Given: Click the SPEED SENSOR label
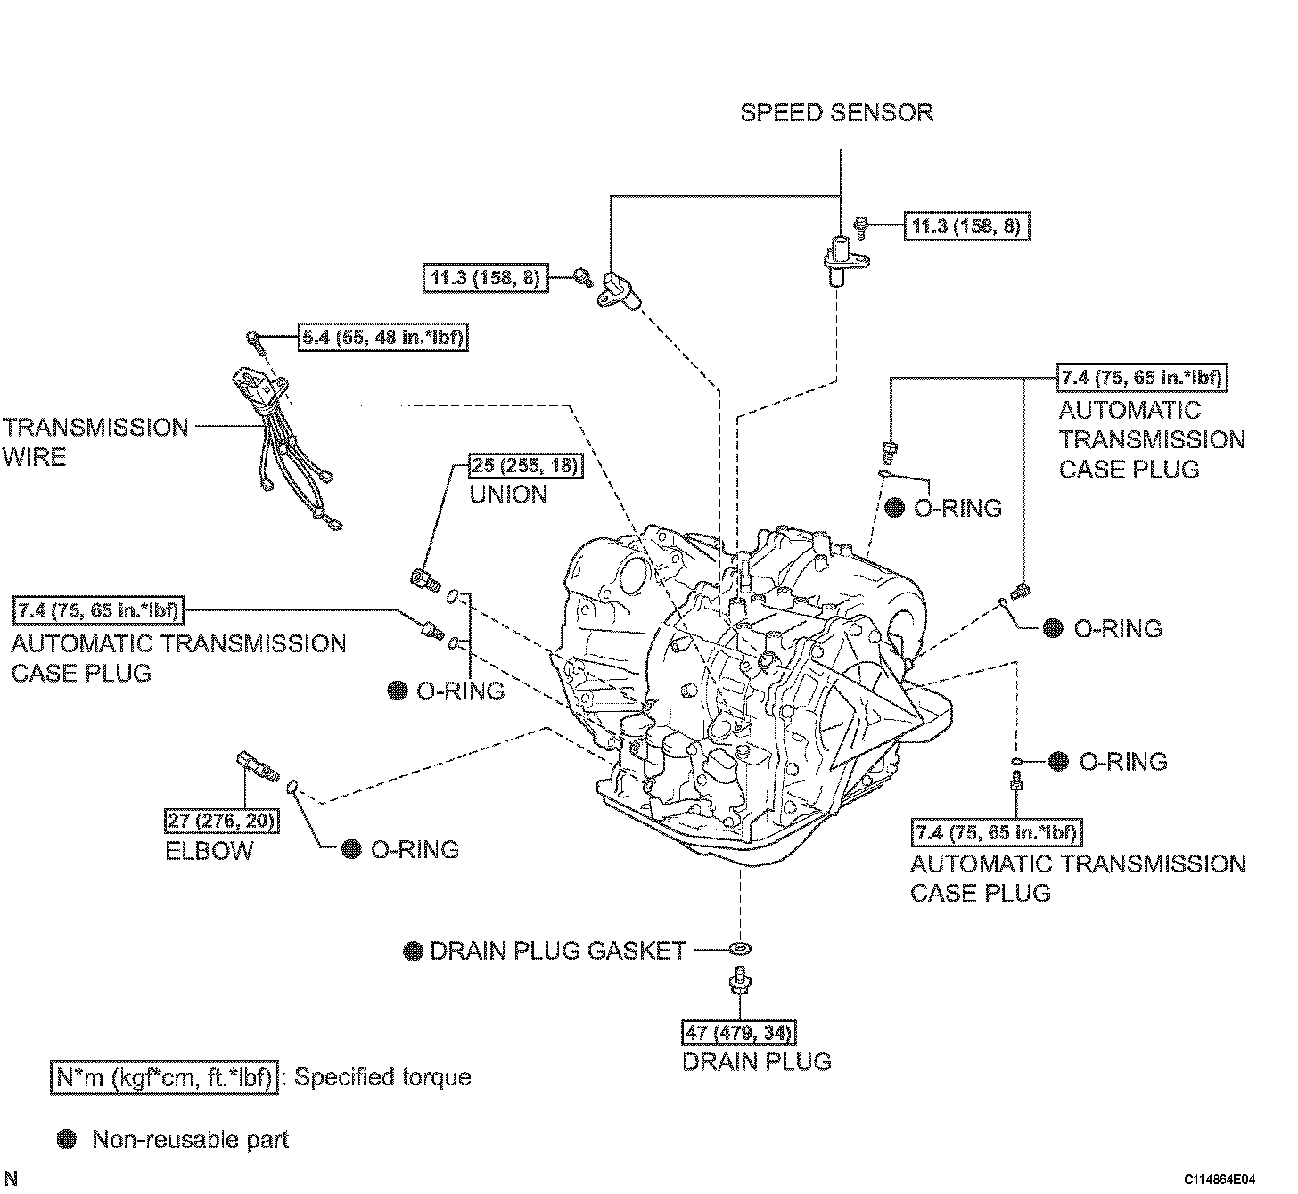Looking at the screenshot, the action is [x=836, y=112].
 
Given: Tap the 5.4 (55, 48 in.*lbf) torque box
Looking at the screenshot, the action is [x=383, y=337].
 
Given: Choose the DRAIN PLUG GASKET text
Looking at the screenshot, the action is [x=558, y=950].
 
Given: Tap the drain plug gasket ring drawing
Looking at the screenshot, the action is [x=740, y=949].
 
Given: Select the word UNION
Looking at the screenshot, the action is [x=508, y=495].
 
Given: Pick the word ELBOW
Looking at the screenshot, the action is [x=209, y=851].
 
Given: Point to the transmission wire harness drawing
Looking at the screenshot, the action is [x=284, y=446].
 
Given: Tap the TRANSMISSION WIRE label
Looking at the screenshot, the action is [x=95, y=443].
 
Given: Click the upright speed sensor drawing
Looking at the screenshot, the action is [x=844, y=261].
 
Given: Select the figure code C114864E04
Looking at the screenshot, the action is [x=1220, y=1180].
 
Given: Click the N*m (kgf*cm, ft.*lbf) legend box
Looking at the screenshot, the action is [x=164, y=1077].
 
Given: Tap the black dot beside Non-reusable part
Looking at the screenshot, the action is [x=66, y=1140].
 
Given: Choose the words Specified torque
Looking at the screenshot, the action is [x=382, y=1077].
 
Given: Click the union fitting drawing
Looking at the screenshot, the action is [x=426, y=578].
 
